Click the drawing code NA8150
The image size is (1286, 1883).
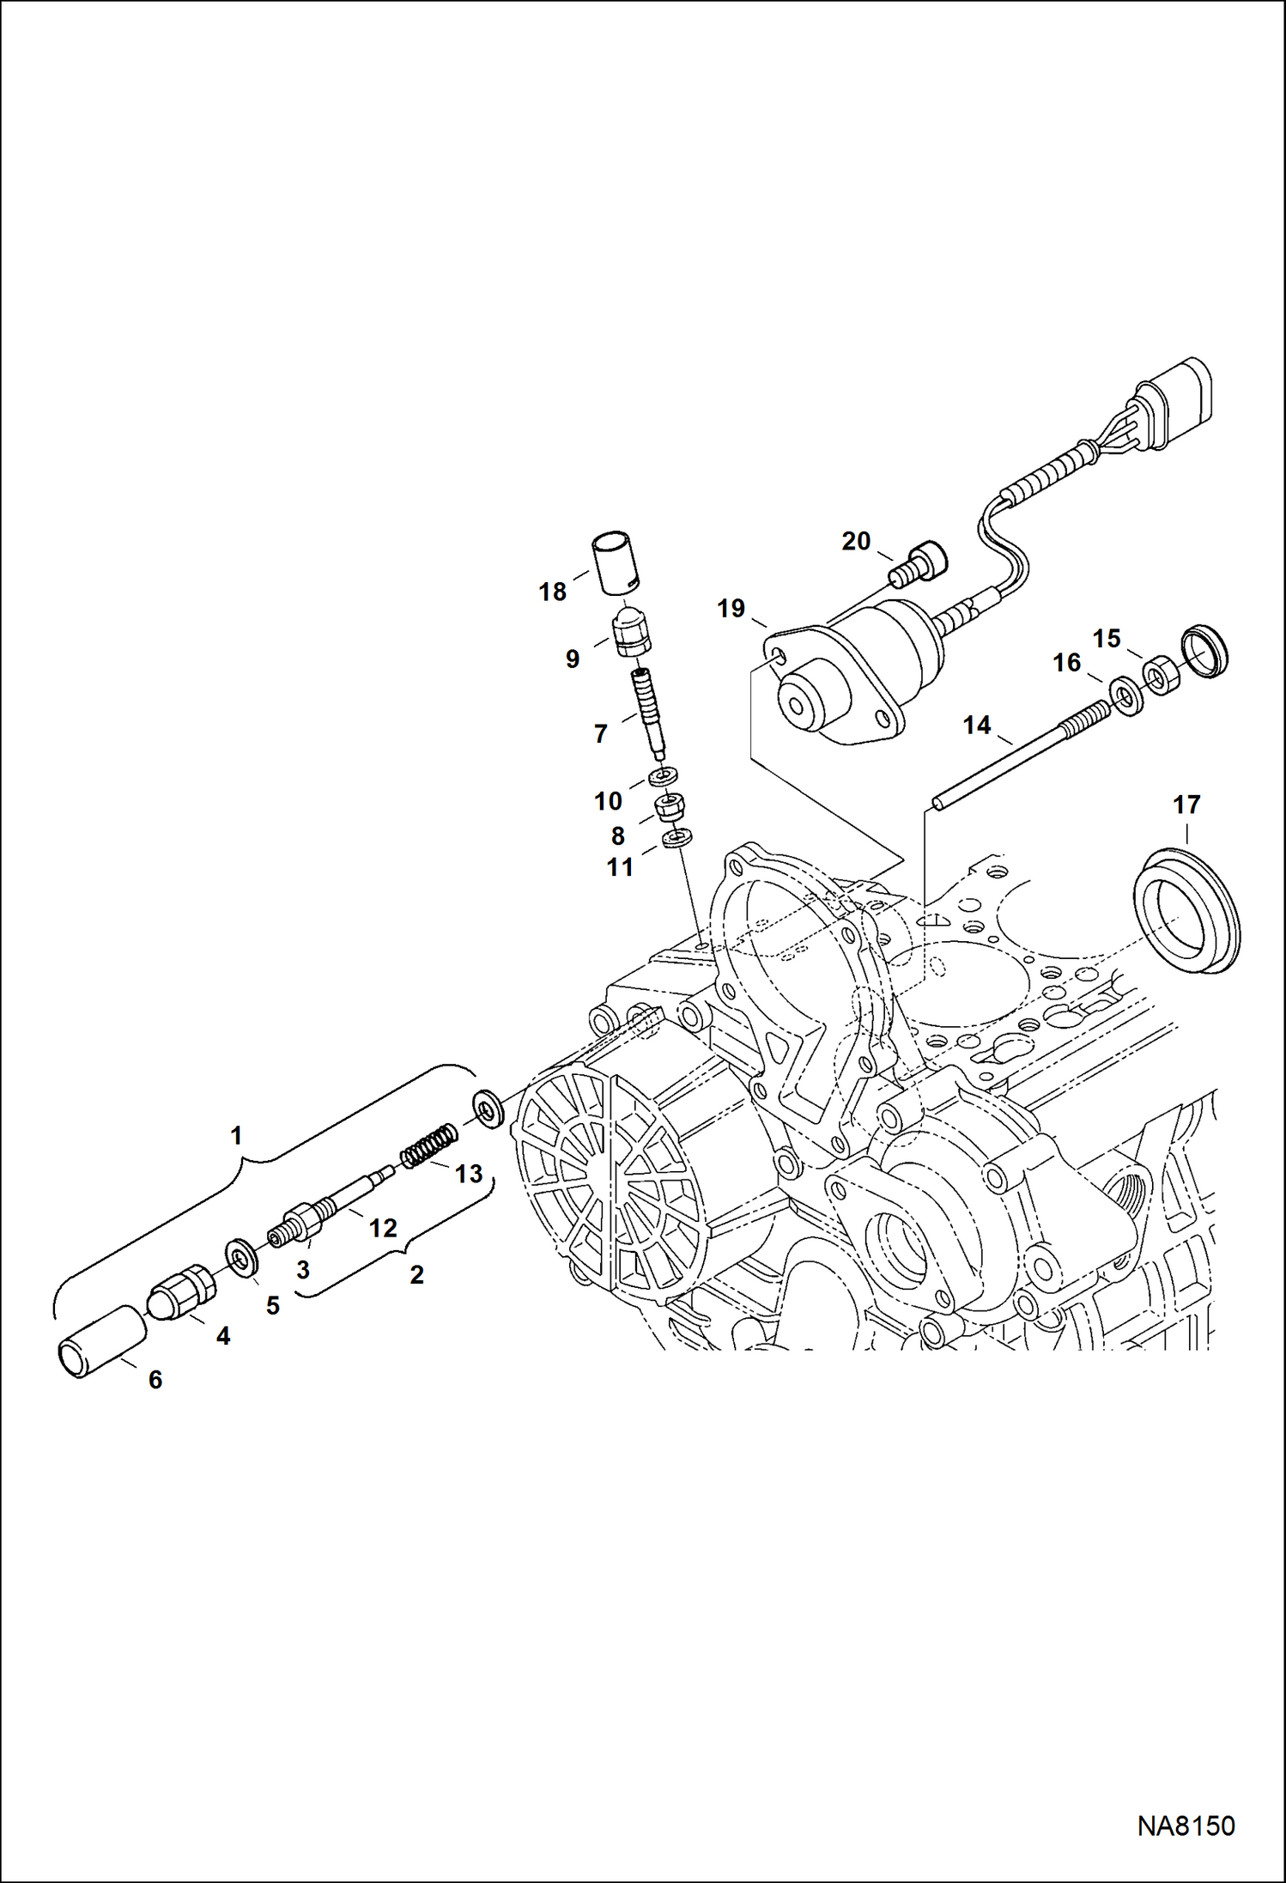point(1186,1825)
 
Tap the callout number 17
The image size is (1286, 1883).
point(1186,805)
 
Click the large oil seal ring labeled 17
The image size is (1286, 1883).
point(1186,910)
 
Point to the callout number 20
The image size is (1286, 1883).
point(856,541)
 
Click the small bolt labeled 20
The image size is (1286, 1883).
point(918,563)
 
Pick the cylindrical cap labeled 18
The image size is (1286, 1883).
point(615,563)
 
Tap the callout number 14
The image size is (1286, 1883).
point(977,726)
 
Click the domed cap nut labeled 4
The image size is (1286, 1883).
point(183,1293)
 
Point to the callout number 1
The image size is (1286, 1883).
point(237,1136)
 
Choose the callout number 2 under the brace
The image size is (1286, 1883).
point(416,1274)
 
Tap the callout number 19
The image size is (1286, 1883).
point(731,609)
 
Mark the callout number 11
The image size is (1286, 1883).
point(620,867)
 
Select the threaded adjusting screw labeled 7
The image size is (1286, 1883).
point(648,711)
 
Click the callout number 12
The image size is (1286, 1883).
point(383,1228)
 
